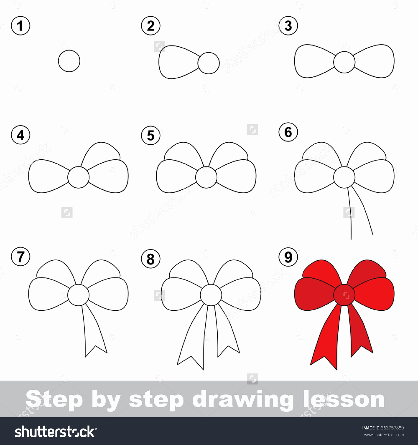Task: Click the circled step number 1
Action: tap(20, 26)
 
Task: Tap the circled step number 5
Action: tap(150, 135)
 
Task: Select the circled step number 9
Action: tap(288, 257)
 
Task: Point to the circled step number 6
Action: tap(288, 132)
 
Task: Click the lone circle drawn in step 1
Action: tap(69, 61)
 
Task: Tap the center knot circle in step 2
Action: tap(208, 63)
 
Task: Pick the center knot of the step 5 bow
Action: tap(206, 177)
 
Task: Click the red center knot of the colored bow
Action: tap(344, 295)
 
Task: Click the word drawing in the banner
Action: tap(242, 400)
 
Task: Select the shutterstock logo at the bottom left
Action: tap(56, 432)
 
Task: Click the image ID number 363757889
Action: tap(392, 428)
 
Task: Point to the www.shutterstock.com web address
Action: tap(384, 435)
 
